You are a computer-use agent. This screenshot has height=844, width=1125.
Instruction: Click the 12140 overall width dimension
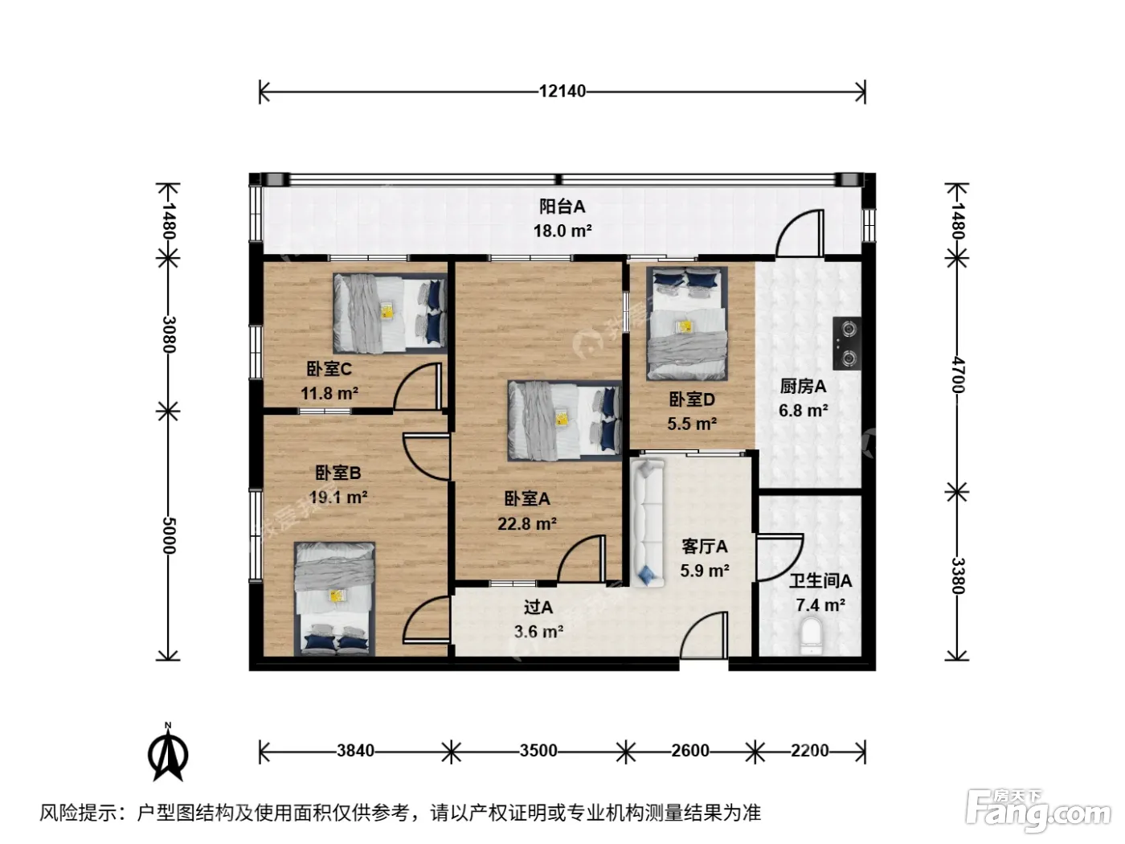562,91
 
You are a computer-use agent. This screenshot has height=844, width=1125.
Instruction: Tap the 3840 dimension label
355,751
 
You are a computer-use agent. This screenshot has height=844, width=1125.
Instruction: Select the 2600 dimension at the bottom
690,751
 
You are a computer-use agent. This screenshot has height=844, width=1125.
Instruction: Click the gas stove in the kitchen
847,343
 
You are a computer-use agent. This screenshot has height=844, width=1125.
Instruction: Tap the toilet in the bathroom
812,636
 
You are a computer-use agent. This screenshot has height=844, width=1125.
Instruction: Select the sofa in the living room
648,522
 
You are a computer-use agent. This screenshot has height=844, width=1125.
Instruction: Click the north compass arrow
168,753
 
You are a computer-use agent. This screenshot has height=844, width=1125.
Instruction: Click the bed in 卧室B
334,599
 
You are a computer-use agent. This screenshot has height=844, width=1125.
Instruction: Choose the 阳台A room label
562,207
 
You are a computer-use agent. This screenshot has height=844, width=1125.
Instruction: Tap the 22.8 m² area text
527,524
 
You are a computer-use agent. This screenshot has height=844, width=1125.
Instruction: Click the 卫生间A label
820,580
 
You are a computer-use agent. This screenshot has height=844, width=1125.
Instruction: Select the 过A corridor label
538,607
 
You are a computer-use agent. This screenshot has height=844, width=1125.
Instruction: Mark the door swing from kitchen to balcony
799,233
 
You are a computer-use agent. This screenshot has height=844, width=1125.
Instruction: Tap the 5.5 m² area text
692,424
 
